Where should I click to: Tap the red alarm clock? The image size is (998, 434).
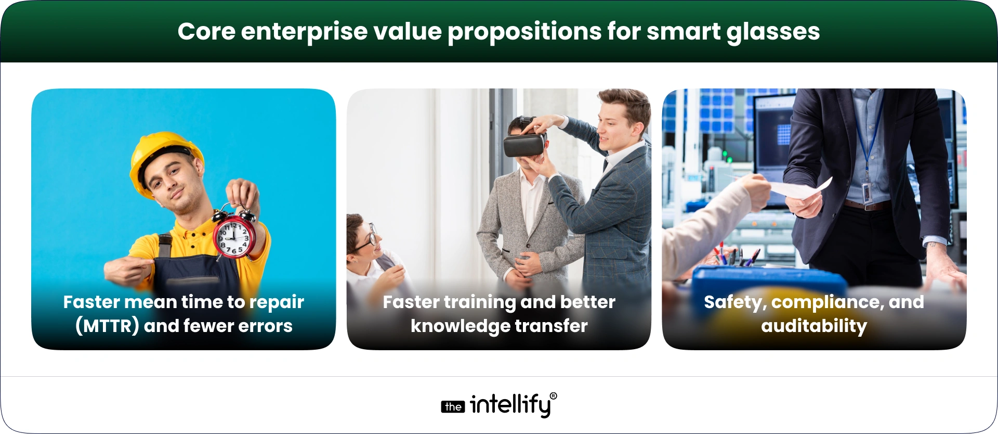pos(234,236)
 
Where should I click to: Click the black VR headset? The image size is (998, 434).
pos(524,145)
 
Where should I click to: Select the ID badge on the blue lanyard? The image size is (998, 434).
pos(866,193)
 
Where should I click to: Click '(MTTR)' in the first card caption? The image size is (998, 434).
pos(107,326)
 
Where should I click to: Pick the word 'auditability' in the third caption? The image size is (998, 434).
pos(814,326)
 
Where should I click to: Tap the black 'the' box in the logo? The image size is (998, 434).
pos(453,407)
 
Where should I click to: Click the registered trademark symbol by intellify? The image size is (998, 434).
pos(553,397)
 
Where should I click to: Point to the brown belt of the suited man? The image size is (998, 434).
pos(865,206)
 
